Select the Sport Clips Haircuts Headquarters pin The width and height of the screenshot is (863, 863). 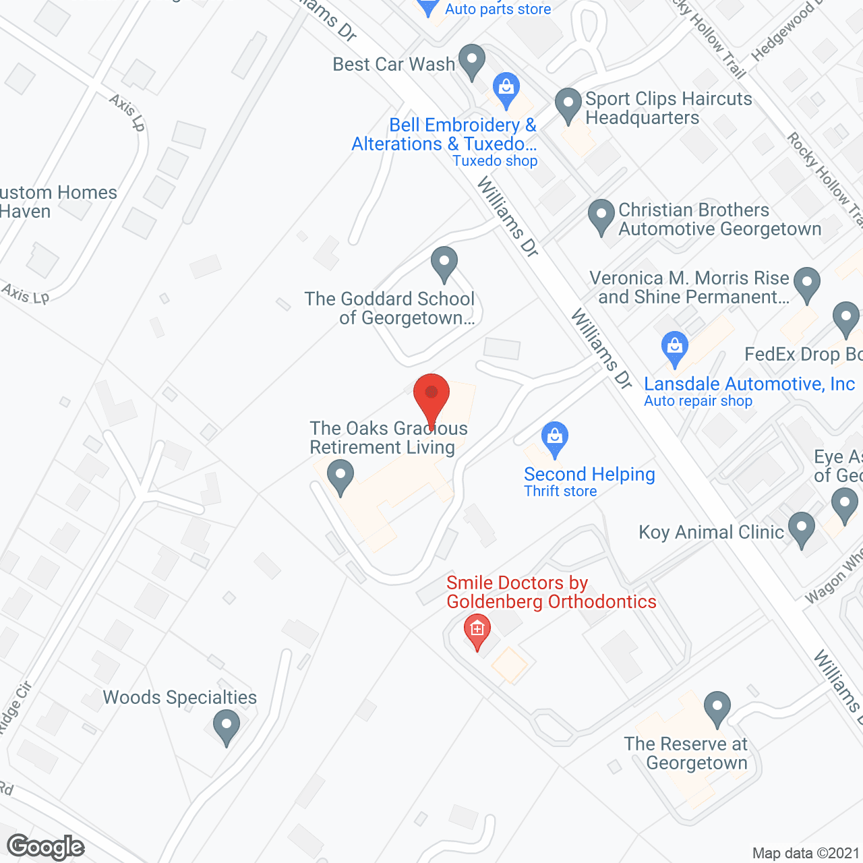pos(568,105)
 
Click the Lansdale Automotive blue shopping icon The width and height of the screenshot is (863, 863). pos(674,349)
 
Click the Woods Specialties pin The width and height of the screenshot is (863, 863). pos(226,727)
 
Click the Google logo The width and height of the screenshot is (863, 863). pos(46,847)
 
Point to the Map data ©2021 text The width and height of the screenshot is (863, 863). pos(806,854)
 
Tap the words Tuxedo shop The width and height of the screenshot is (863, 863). pos(495,161)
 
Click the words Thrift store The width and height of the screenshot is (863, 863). pos(560,492)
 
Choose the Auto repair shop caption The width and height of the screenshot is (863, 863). pos(698,401)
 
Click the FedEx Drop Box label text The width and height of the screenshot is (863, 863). pos(802,355)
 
